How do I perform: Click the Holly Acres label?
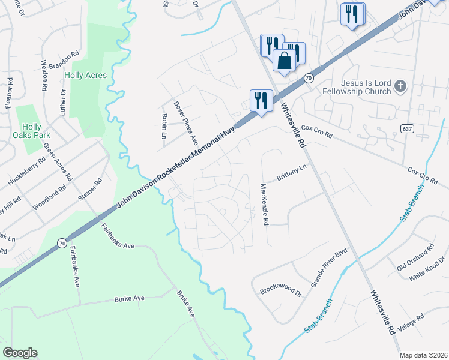[x=85, y=76]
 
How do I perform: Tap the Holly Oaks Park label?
[x=32, y=131]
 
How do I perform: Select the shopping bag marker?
[x=285, y=61]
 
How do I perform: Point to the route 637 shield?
[x=408, y=130]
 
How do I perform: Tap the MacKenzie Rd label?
[x=264, y=205]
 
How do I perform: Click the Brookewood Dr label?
[x=280, y=292]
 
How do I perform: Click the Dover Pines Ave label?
[x=185, y=122]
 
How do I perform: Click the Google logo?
[x=20, y=353]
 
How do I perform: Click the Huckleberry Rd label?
[x=26, y=172]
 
